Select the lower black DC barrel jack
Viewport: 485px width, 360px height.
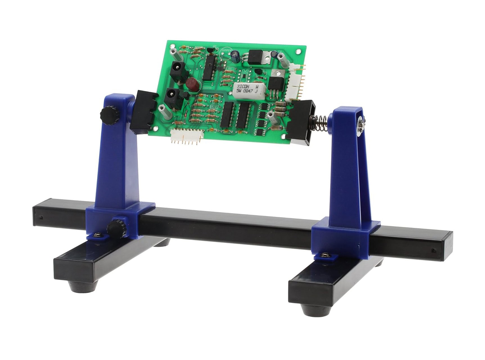pos(172,98)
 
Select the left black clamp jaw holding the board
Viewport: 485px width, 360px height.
pos(144,112)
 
